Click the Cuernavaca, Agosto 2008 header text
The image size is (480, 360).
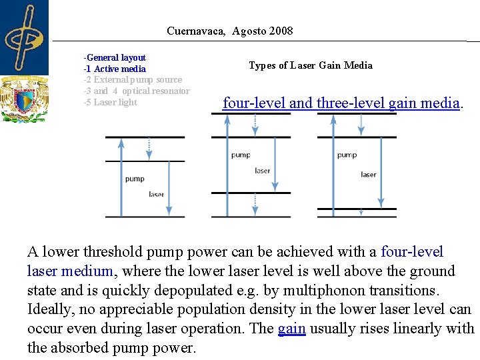(229, 31)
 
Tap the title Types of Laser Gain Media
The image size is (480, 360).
(310, 65)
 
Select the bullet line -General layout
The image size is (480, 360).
(115, 58)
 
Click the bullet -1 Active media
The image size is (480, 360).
(115, 69)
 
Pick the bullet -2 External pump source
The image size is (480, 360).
(133, 80)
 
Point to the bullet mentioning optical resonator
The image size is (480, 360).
(137, 91)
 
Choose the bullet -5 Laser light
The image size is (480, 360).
(110, 103)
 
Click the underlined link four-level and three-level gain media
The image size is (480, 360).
(341, 103)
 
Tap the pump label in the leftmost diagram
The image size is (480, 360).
(135, 179)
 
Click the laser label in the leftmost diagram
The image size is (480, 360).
(156, 195)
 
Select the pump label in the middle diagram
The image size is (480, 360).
(241, 155)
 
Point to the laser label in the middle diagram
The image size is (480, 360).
(263, 171)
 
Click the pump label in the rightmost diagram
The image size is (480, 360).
(347, 155)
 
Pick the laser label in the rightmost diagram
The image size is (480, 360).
(369, 175)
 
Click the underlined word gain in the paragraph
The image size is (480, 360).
(291, 329)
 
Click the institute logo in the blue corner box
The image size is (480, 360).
(24, 37)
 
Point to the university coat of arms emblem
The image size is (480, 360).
(24, 99)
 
